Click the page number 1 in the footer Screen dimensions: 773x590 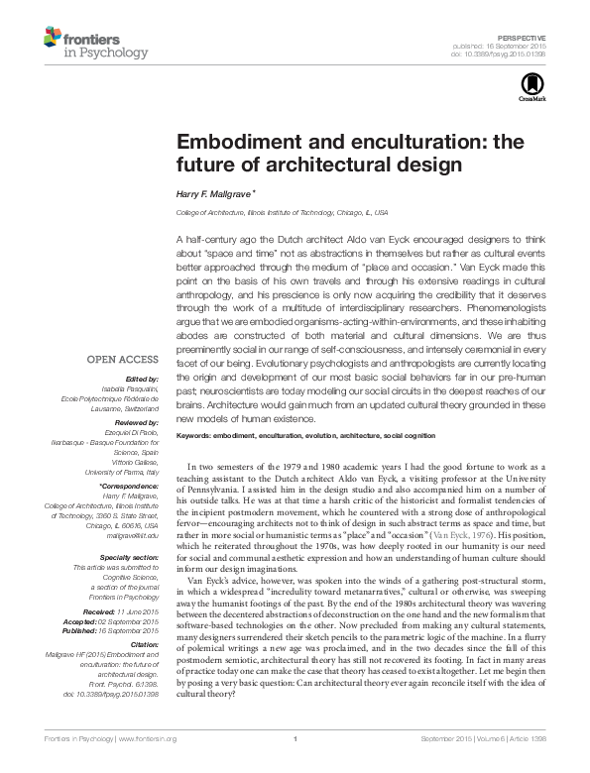click(295, 765)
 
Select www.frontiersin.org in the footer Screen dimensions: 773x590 click(152, 765)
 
